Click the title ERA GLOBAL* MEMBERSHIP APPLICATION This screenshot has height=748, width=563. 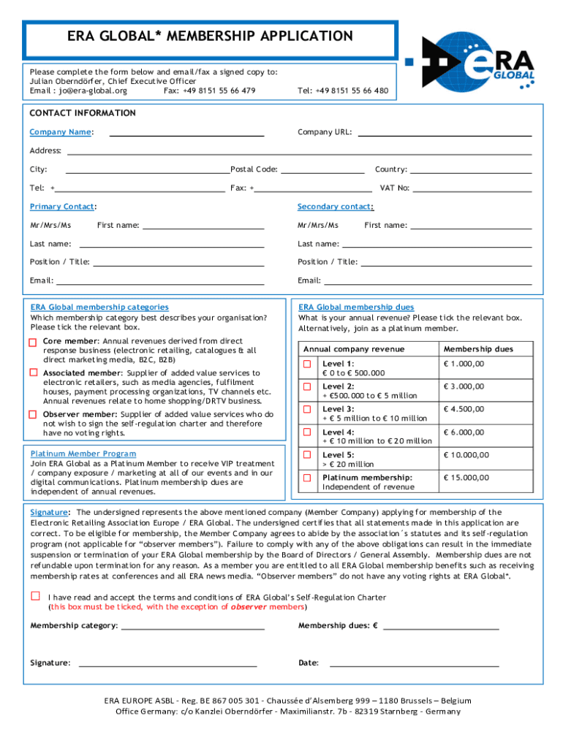pos(210,37)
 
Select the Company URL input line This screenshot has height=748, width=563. pos(445,133)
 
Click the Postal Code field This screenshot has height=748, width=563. pos(322,170)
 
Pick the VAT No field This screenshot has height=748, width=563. pos(472,188)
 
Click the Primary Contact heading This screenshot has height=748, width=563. pos(62,207)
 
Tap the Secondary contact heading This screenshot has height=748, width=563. pos(335,207)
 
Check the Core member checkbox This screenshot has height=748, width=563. pos(33,343)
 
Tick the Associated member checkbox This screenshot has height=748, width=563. pos(33,373)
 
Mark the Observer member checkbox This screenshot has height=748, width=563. pos(33,414)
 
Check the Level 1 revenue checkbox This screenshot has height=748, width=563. pos(307,364)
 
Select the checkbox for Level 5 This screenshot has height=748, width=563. pos(307,455)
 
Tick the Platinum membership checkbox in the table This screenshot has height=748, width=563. pos(307,478)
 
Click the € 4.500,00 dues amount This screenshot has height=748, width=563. pos(464,409)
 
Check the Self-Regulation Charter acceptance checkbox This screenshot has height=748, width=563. pos(34,596)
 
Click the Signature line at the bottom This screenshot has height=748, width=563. pos(167,663)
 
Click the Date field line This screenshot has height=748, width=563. pos(414,663)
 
